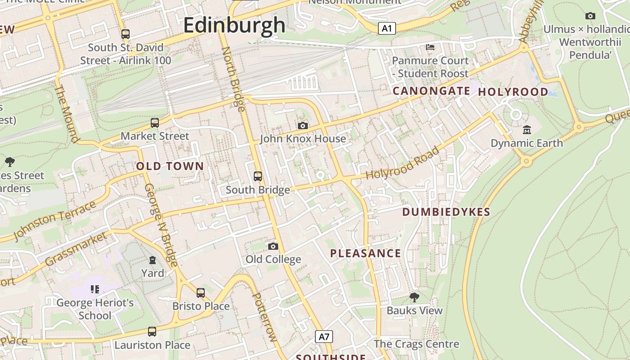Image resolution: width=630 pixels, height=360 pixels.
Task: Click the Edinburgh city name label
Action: coord(234,25)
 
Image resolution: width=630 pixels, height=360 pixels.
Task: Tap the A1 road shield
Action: coord(387,29)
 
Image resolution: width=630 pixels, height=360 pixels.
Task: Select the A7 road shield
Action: coord(324,336)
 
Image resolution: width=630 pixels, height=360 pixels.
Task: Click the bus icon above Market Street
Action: coord(155,122)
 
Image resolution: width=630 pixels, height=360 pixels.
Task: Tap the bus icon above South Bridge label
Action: coord(258,176)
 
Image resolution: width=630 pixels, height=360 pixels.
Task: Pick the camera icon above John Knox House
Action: coord(303,126)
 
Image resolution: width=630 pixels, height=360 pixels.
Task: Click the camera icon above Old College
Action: coord(273,246)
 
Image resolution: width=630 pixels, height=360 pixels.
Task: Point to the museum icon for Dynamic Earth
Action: coord(527,130)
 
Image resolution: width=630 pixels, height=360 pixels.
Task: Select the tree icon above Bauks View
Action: coord(414,297)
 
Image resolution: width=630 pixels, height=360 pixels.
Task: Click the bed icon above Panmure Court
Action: coord(430,47)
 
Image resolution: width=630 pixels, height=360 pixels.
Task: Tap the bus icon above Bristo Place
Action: coord(201,293)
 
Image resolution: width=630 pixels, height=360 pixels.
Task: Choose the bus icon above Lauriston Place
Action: coord(152,332)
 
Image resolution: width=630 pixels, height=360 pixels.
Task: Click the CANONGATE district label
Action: coord(432,91)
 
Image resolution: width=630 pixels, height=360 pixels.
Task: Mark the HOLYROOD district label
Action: coord(513,92)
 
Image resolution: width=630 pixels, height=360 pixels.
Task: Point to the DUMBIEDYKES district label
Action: coord(446,212)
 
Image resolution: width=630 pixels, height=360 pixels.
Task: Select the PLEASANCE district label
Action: coord(365,253)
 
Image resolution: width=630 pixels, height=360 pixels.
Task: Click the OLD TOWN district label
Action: coord(170,166)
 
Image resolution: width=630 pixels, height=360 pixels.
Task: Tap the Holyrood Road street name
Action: coord(402,163)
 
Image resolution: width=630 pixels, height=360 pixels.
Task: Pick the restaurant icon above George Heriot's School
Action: coord(94,289)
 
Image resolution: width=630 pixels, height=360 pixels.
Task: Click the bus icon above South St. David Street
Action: coord(126,34)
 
